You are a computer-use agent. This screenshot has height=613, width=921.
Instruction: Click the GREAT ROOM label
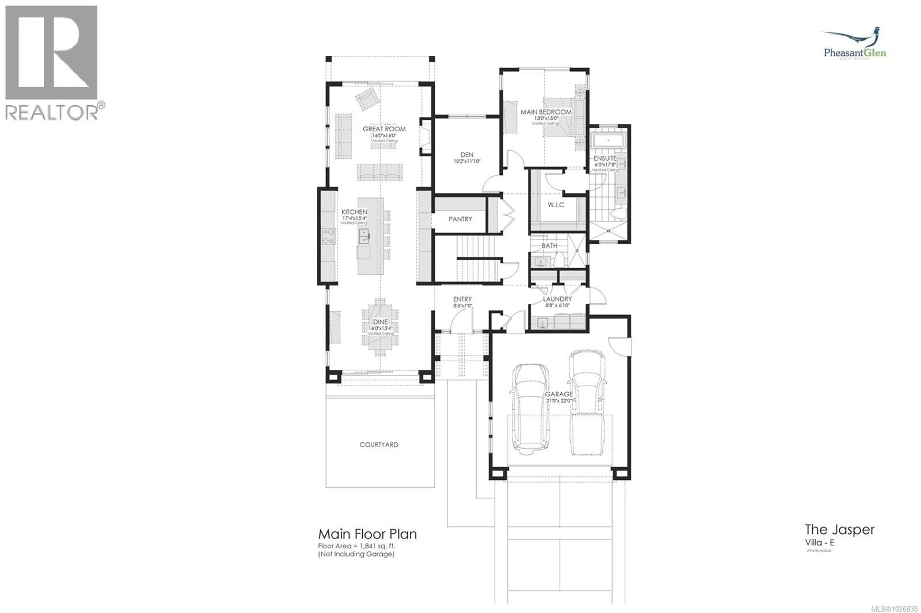point(384,129)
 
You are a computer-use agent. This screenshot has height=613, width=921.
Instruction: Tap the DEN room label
point(467,155)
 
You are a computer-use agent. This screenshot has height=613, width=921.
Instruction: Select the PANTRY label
point(460,219)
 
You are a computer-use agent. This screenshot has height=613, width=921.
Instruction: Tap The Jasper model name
point(839,530)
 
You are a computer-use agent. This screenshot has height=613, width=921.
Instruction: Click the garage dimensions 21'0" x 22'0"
point(559,401)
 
